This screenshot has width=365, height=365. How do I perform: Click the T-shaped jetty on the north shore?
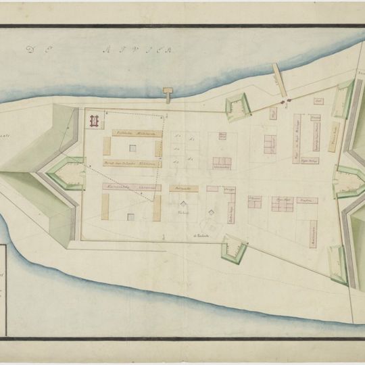(x=168, y=94)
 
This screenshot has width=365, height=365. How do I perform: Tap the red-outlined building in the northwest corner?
(x=95, y=121)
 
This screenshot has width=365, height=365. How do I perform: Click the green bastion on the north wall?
(x=237, y=105)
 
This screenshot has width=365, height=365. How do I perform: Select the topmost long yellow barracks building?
(x=136, y=133)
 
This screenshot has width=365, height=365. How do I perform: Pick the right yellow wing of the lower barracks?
(x=156, y=210)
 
